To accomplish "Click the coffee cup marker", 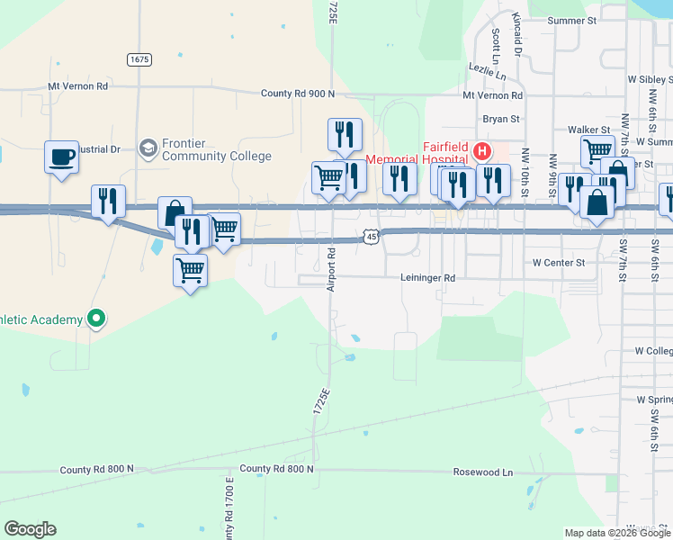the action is (x=61, y=157).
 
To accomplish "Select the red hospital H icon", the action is (x=481, y=150).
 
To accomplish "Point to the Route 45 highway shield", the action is (x=371, y=236).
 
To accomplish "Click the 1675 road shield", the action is (x=139, y=59).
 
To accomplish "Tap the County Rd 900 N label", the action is (x=297, y=94).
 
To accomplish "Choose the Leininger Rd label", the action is (x=428, y=279).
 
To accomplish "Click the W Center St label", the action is (x=559, y=263).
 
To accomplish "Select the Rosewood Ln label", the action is (x=482, y=472).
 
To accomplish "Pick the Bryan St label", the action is (x=501, y=119).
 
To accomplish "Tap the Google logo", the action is (x=30, y=529).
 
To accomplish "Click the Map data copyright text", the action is (x=617, y=533).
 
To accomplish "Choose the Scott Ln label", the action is (x=496, y=42).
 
